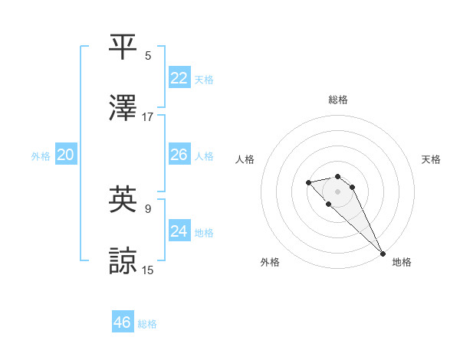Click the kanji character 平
point(123,47)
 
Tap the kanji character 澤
point(123,108)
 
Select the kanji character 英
point(123,199)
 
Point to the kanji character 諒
point(123,260)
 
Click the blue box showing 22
point(179,78)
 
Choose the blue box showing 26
point(179,155)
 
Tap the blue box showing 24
point(179,231)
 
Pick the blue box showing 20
point(66,155)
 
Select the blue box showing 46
point(123,322)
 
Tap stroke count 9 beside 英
point(148,208)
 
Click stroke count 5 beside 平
point(148,55)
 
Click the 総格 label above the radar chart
point(338,100)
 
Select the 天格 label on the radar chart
point(431,159)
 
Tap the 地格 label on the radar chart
point(402,262)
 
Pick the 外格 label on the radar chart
point(270,262)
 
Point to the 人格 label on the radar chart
point(245,159)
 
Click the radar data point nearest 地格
point(383,253)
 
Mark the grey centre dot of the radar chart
point(337,191)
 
